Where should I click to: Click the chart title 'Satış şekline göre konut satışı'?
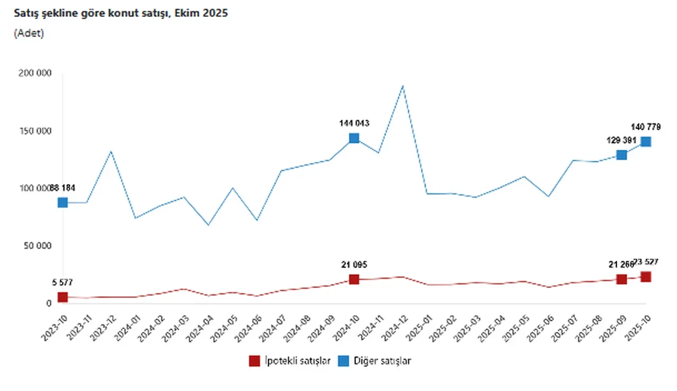point(121,13)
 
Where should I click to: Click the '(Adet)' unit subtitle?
point(29,33)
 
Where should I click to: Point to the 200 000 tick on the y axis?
point(35,73)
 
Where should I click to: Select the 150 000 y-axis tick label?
point(35,131)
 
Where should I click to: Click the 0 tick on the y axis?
point(48,304)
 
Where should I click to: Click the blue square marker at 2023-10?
point(63,202)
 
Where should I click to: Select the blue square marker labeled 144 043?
point(354,138)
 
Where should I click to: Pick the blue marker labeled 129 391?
point(621,155)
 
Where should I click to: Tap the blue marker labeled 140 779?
point(646,142)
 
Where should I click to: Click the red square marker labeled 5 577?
point(63,297)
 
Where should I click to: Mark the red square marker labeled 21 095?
point(354,279)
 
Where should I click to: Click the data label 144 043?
point(354,123)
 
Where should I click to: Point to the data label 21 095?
point(354,265)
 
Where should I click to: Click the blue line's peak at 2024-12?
point(403,86)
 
